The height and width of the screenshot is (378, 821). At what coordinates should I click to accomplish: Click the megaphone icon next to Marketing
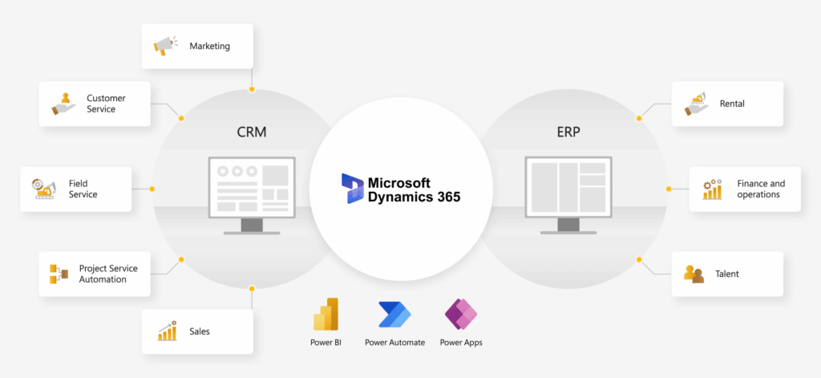coord(164,46)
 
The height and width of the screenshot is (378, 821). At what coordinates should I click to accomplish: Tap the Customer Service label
coord(107,104)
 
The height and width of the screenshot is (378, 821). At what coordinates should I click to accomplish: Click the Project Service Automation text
coord(108,274)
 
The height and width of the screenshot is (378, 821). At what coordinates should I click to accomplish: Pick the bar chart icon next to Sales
coord(167,331)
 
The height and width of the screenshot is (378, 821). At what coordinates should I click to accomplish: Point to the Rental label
coord(732,104)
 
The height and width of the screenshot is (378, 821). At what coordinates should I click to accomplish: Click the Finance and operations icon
coord(712,189)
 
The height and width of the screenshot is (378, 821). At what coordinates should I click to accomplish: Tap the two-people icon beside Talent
coord(694,274)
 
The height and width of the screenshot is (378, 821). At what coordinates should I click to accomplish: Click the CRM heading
coord(252,132)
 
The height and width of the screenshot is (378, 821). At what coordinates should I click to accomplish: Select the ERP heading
coord(568,132)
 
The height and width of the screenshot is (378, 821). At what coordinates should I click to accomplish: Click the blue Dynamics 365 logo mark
coord(353,189)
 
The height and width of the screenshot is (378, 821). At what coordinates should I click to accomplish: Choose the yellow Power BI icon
coord(326,314)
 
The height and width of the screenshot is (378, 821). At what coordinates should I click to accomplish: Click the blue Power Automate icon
coord(394,315)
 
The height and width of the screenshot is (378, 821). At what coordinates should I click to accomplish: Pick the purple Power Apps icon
coord(461,315)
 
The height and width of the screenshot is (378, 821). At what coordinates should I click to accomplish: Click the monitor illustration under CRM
coord(252,195)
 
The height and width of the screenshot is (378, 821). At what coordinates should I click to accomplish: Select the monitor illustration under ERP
coord(568,195)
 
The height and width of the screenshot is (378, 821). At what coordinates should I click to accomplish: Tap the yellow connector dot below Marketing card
coord(252,90)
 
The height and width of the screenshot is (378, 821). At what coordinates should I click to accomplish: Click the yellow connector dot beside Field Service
coord(152,189)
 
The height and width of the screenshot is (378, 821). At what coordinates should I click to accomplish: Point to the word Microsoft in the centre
coord(399,183)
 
